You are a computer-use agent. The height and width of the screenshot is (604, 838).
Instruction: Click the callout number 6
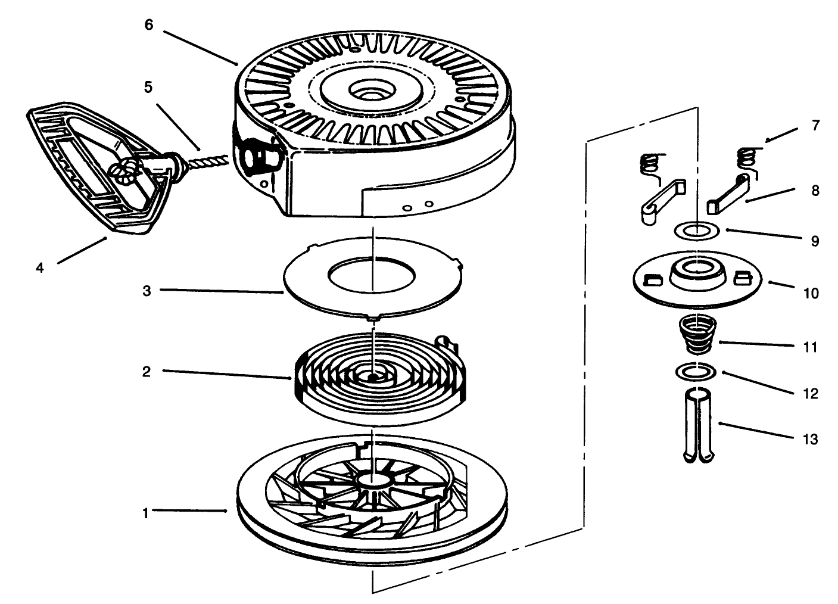(148, 25)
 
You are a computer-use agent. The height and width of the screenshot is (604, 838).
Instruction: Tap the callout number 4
(40, 267)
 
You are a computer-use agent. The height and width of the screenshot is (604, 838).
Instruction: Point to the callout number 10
(811, 293)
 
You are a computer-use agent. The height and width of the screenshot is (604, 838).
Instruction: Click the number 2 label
(146, 371)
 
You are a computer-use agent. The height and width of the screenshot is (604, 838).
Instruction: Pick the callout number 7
(815, 126)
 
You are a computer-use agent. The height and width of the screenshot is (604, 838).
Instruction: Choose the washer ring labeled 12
(696, 371)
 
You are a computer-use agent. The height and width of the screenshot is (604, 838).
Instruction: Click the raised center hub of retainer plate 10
(694, 273)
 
